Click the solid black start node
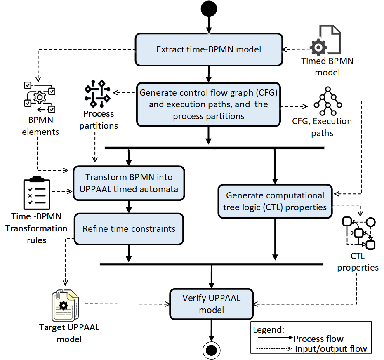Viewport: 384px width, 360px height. click(209, 9)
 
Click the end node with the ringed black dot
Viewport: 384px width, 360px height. click(211, 350)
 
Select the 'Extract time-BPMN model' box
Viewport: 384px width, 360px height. click(209, 49)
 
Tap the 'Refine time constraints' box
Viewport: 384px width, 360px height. click(129, 229)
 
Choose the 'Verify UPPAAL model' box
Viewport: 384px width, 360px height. click(211, 304)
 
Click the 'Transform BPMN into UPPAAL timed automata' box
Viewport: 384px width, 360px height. click(129, 183)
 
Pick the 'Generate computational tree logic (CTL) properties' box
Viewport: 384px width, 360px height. click(275, 201)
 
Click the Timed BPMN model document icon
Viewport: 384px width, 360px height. click(325, 40)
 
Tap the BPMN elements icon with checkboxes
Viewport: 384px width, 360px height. click(40, 97)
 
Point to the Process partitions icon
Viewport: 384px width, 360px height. click(97, 94)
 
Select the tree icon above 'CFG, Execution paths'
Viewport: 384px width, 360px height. click(328, 101)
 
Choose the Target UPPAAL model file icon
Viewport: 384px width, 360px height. click(65, 306)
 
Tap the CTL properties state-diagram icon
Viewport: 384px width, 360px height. click(359, 233)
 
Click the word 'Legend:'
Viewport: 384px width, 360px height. click(269, 330)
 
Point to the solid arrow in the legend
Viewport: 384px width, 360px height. click(275, 337)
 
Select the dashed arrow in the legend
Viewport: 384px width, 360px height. click(274, 348)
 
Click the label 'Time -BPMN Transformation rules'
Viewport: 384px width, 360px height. click(36, 228)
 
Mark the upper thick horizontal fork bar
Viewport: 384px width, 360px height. click(214, 148)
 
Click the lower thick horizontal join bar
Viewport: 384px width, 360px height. click(212, 264)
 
